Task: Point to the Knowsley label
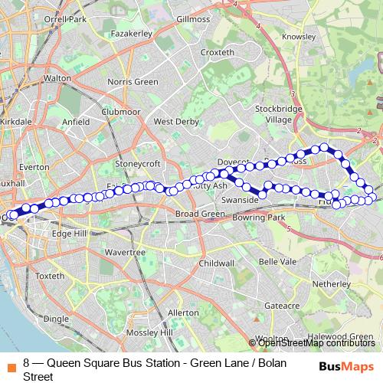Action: click(300, 36)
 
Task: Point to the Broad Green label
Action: click(199, 213)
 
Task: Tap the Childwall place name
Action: click(216, 262)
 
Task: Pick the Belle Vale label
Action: click(278, 261)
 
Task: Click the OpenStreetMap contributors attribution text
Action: click(315, 343)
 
